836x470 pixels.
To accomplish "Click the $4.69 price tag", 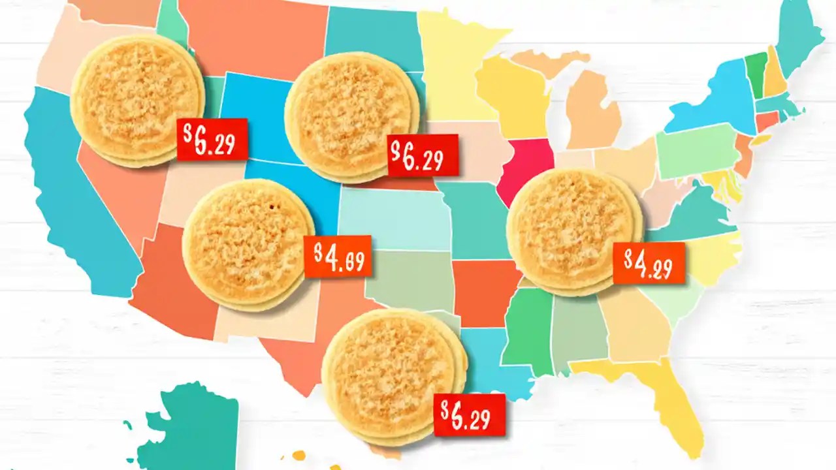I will [x=338, y=256].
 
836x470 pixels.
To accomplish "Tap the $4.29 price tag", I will [x=649, y=262].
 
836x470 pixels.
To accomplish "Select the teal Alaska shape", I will [x=189, y=431].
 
